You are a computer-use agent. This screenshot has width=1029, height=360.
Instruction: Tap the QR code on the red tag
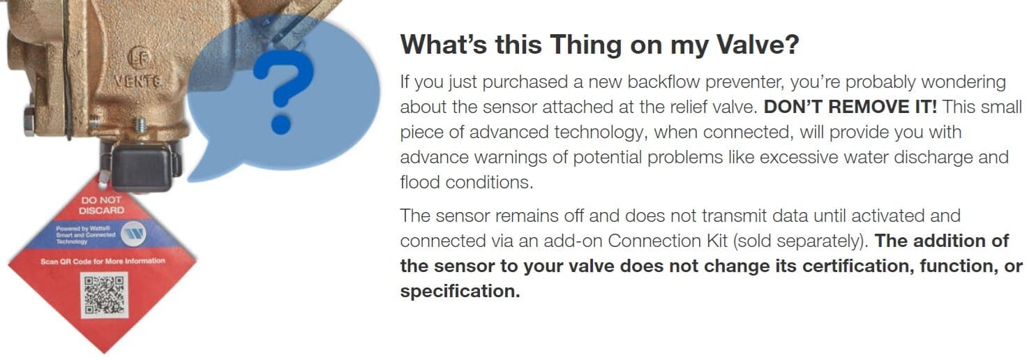click(x=104, y=295)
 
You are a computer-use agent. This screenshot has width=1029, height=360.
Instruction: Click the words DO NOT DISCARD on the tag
click(x=101, y=205)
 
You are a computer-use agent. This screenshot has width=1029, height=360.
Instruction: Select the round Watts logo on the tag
click(x=134, y=233)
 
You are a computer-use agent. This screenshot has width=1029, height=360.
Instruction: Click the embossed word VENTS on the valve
click(x=137, y=81)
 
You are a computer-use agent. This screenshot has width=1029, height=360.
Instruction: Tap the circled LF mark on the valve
click(x=138, y=57)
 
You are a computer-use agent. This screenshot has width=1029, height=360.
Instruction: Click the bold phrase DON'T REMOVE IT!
click(x=850, y=107)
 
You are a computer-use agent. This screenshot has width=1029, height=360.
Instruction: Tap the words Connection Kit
click(x=668, y=241)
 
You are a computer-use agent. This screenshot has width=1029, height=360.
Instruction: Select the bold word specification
click(x=460, y=291)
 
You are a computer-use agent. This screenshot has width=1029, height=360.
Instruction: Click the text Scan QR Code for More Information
click(x=103, y=261)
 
